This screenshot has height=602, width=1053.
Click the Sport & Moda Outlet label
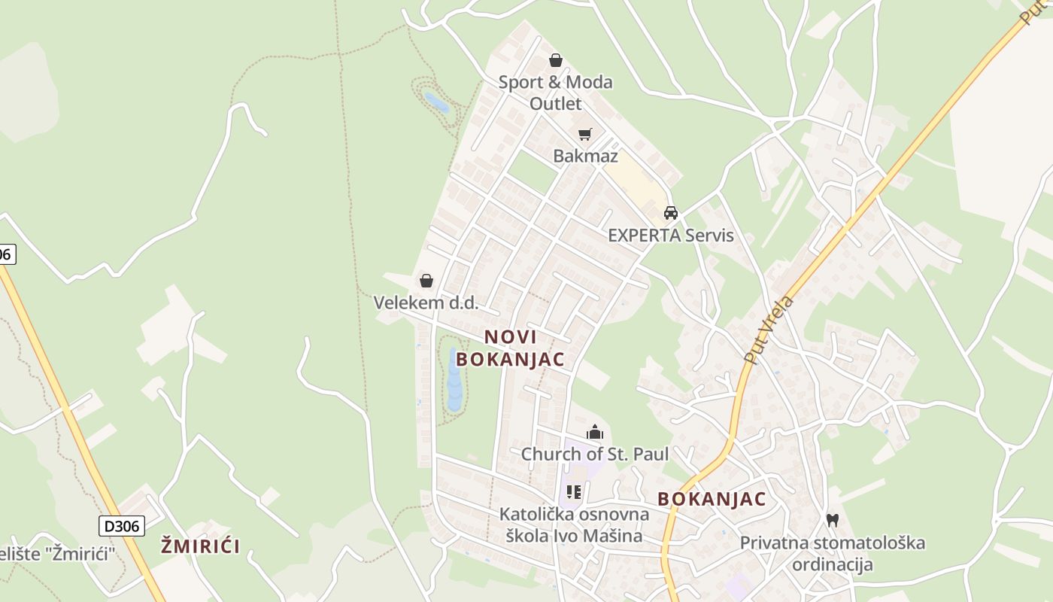555,93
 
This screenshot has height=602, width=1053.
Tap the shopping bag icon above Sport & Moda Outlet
556,60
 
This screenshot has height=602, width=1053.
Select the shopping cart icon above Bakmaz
585,135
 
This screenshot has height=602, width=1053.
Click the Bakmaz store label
585,156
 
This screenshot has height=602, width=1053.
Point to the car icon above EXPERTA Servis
671,213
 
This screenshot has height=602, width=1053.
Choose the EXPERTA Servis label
670,235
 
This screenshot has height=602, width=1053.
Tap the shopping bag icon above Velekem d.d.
426,281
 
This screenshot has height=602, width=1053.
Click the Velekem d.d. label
426,303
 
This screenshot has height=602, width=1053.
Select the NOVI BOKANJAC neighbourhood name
510,348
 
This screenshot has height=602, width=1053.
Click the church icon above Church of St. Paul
595,432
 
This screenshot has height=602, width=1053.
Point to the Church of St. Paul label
594,454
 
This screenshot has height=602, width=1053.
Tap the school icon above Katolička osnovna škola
574,492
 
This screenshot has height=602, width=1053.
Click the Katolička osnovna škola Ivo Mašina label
574,525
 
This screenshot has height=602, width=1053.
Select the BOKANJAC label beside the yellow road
712,499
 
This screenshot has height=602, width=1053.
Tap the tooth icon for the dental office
833,520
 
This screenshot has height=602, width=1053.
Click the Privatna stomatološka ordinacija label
832,553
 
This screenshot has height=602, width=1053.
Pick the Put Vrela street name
769,330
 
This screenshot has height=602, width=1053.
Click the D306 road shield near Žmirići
121,525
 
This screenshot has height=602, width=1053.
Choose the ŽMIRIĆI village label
200,546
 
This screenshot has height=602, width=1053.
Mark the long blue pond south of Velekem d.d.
454,380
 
